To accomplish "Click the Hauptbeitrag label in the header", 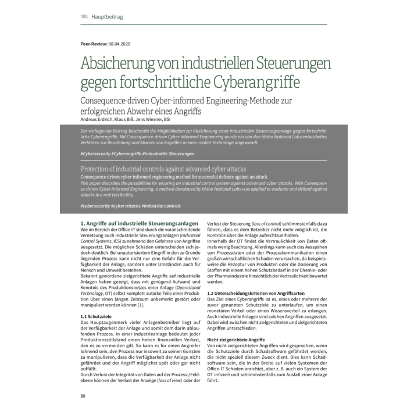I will [107, 16].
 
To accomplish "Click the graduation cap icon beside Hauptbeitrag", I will [84, 16].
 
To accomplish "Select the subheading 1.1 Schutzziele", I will [96, 316].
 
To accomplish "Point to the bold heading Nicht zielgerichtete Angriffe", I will [236, 338].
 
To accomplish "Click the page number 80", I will [83, 396].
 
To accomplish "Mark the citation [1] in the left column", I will [140, 305].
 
